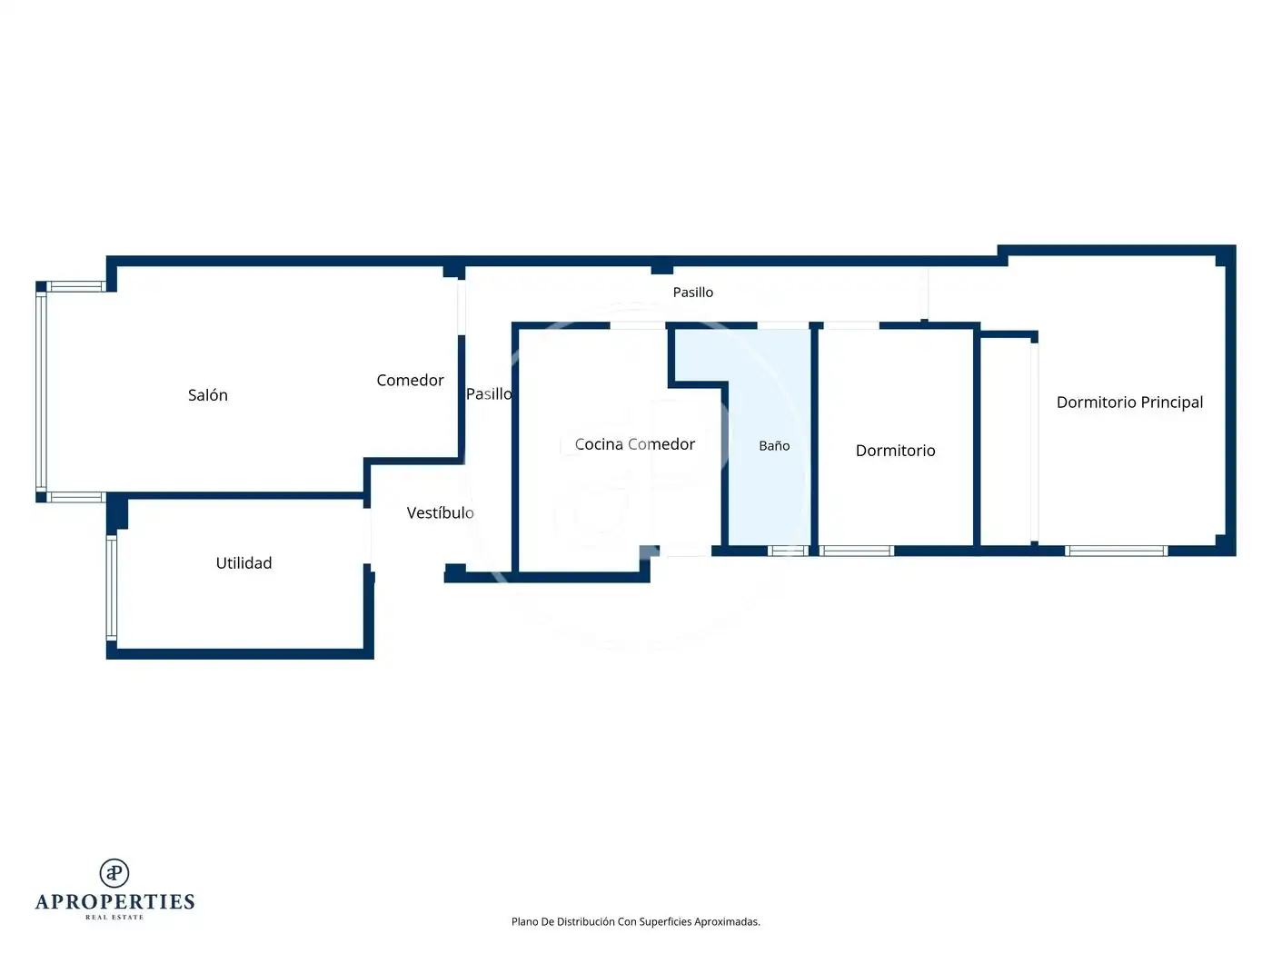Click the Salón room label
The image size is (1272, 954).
[x=207, y=395]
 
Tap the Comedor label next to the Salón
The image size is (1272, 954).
[x=410, y=380]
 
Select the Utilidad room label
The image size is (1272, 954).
[x=243, y=562]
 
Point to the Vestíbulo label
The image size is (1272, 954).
[x=440, y=512]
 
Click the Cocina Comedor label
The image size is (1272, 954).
[x=634, y=443]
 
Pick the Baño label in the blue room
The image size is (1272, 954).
[x=774, y=445]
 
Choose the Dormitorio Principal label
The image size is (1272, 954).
[x=1129, y=402]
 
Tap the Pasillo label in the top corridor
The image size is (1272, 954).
[x=692, y=292]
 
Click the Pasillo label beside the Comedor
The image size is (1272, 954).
[x=489, y=394]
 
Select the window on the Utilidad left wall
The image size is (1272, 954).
[x=111, y=588]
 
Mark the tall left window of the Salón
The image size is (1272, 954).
[x=41, y=392]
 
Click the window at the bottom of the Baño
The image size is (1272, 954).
[x=788, y=551]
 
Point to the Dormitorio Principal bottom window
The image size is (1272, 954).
[x=1116, y=551]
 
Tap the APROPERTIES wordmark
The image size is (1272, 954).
[x=114, y=902]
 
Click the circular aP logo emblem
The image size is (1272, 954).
[x=114, y=873]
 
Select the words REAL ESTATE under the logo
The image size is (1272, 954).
[x=114, y=917]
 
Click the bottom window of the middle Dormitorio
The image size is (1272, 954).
[x=857, y=551]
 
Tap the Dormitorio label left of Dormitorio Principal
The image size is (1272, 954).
[x=895, y=450]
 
